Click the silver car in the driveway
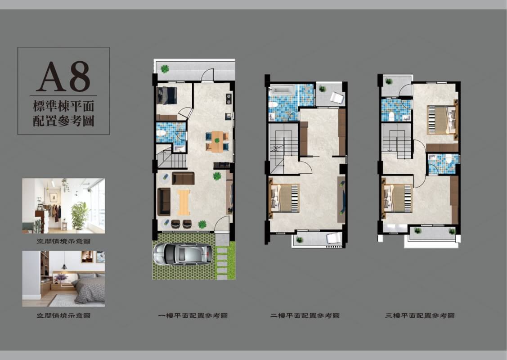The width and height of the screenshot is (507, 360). (183, 254)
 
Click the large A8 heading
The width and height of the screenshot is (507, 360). (63, 76)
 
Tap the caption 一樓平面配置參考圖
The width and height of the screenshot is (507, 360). (193, 315)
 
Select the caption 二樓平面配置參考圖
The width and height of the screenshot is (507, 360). (305, 315)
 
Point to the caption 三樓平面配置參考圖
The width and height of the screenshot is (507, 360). (420, 315)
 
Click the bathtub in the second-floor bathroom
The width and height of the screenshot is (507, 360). (282, 90)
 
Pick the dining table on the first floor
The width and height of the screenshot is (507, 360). (217, 141)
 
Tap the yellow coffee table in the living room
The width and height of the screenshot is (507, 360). (184, 202)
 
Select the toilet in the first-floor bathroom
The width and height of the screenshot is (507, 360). (161, 133)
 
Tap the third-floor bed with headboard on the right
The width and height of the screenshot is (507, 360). (442, 119)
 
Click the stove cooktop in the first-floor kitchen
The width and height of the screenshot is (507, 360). (229, 99)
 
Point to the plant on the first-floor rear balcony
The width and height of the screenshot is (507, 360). (165, 68)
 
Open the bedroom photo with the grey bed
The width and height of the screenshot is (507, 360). (63, 279)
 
